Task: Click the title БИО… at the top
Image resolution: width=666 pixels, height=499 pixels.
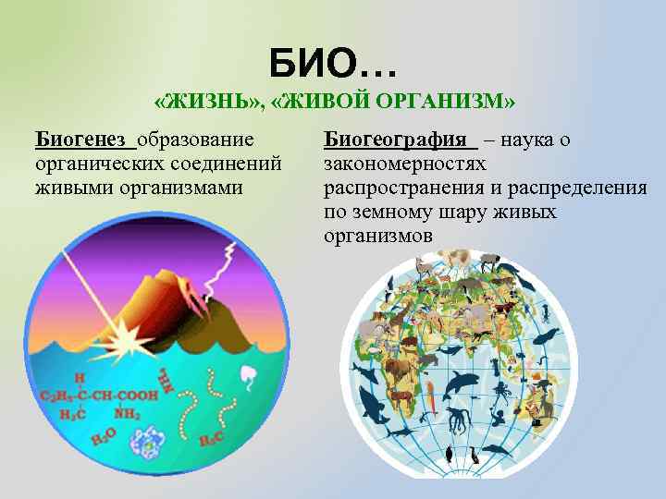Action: tap(333, 65)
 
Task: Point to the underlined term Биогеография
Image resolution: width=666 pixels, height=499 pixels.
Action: tap(395, 140)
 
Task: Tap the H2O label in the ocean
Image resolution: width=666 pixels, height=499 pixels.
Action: tap(103, 434)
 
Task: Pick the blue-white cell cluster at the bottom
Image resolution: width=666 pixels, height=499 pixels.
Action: tap(148, 444)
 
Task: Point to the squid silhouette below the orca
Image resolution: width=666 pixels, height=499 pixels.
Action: tap(457, 418)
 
